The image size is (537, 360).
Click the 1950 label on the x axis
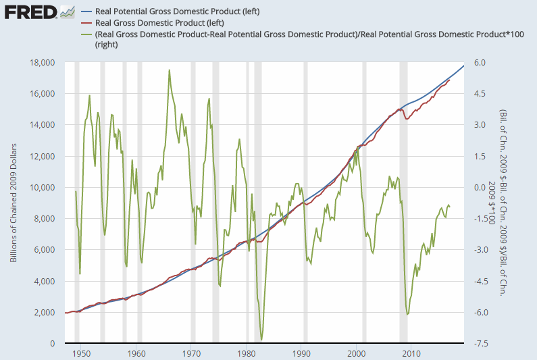(81, 353)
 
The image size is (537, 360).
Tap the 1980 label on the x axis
(247, 353)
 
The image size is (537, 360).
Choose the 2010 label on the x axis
(412, 353)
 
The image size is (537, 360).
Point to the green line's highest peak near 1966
(169, 70)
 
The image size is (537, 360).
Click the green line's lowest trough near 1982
(261, 340)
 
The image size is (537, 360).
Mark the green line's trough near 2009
(407, 315)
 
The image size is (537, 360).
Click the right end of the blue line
(463, 65)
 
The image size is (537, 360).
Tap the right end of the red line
(449, 80)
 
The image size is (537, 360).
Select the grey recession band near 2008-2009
(403, 203)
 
